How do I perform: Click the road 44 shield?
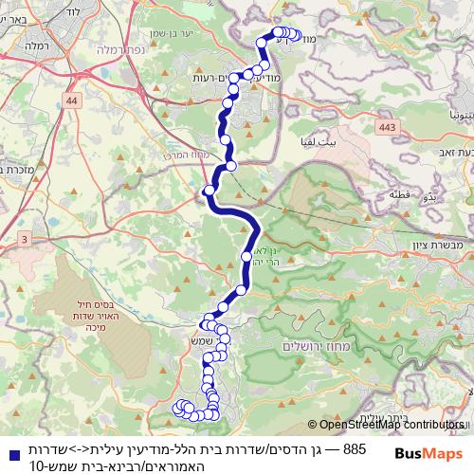pyautogui.click(x=73, y=99)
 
